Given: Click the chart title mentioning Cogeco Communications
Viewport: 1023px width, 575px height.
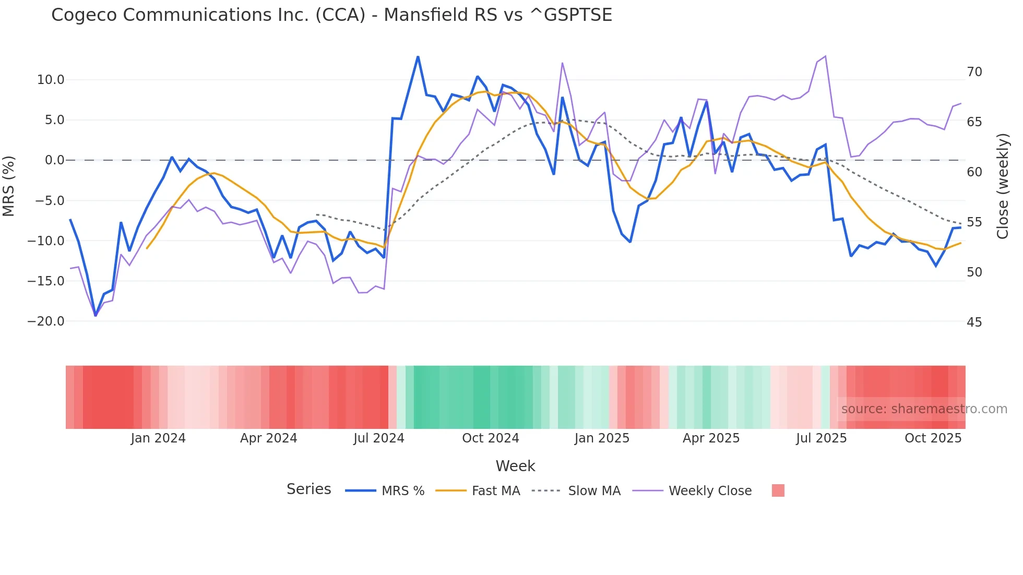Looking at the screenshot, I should [x=331, y=15].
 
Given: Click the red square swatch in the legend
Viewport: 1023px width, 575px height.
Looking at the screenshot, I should [x=778, y=490].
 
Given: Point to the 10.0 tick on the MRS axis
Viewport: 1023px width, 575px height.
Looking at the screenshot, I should [x=51, y=80].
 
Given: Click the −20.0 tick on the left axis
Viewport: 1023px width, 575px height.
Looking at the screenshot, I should [x=46, y=321].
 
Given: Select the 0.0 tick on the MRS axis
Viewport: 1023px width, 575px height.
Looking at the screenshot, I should [x=54, y=160].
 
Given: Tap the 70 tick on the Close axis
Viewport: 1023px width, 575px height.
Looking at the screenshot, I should [x=974, y=72].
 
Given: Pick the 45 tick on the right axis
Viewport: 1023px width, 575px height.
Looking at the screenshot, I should [x=974, y=322].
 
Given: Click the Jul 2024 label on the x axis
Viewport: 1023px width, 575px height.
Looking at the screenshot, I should [x=379, y=438].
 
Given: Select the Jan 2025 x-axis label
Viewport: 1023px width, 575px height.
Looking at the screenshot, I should [x=602, y=438].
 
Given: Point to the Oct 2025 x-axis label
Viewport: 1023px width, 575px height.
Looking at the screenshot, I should [x=933, y=438].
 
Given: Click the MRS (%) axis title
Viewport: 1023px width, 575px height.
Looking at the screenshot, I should [x=9, y=186].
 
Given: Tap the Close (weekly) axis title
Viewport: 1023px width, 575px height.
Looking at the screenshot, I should [x=1002, y=186].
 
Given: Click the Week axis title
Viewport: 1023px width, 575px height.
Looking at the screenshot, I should [x=515, y=466].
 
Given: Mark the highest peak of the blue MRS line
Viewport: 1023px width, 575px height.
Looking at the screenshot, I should [x=418, y=56].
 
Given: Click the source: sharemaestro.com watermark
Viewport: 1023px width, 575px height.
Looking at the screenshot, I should [x=924, y=409].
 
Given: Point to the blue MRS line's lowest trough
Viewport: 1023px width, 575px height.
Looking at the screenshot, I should [x=96, y=316].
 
